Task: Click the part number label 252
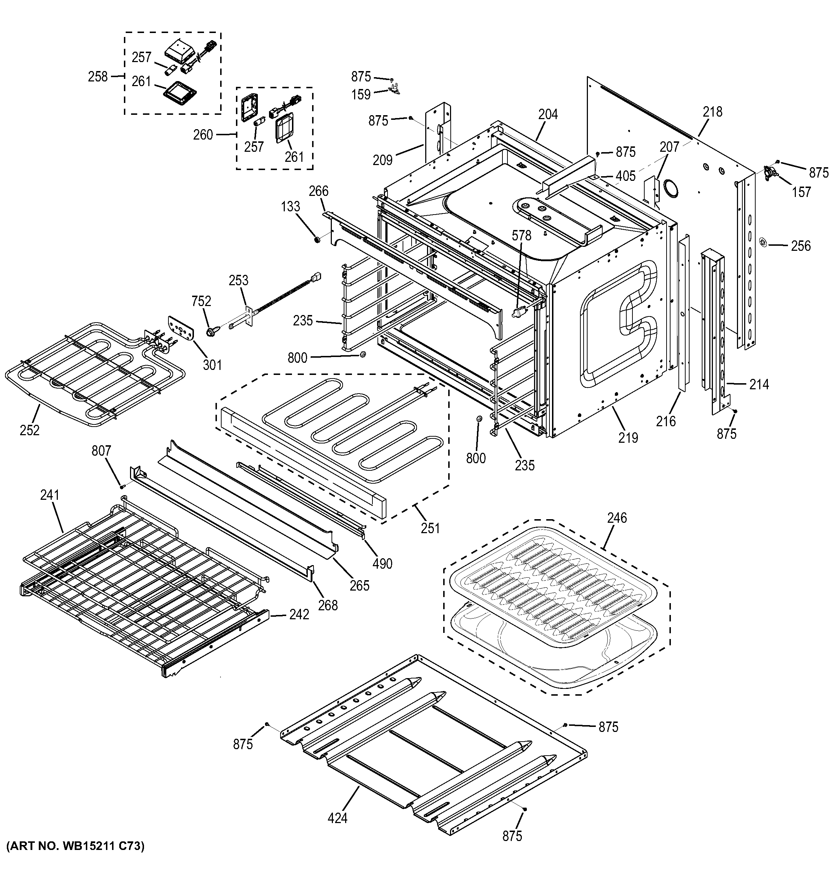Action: (29, 430)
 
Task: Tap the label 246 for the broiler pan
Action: (617, 518)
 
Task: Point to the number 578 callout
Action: (522, 235)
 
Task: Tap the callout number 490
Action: (382, 563)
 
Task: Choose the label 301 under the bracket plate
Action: (212, 365)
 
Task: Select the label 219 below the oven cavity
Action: (628, 438)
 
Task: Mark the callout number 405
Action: (625, 176)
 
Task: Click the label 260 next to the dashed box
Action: (203, 135)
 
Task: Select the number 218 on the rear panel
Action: (712, 112)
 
